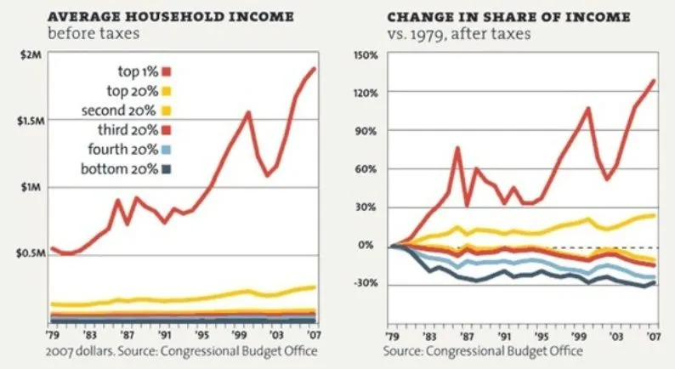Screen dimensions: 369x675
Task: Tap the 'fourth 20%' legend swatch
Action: pyautogui.click(x=167, y=150)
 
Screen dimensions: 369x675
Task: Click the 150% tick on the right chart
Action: pyautogui.click(x=365, y=55)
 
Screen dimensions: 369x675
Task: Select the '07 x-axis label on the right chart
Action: pyautogui.click(x=654, y=336)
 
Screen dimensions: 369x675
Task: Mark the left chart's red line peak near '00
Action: pyautogui.click(x=248, y=112)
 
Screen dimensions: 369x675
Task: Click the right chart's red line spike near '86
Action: pyautogui.click(x=457, y=148)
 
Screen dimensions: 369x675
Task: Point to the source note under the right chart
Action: pyautogui.click(x=483, y=350)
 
